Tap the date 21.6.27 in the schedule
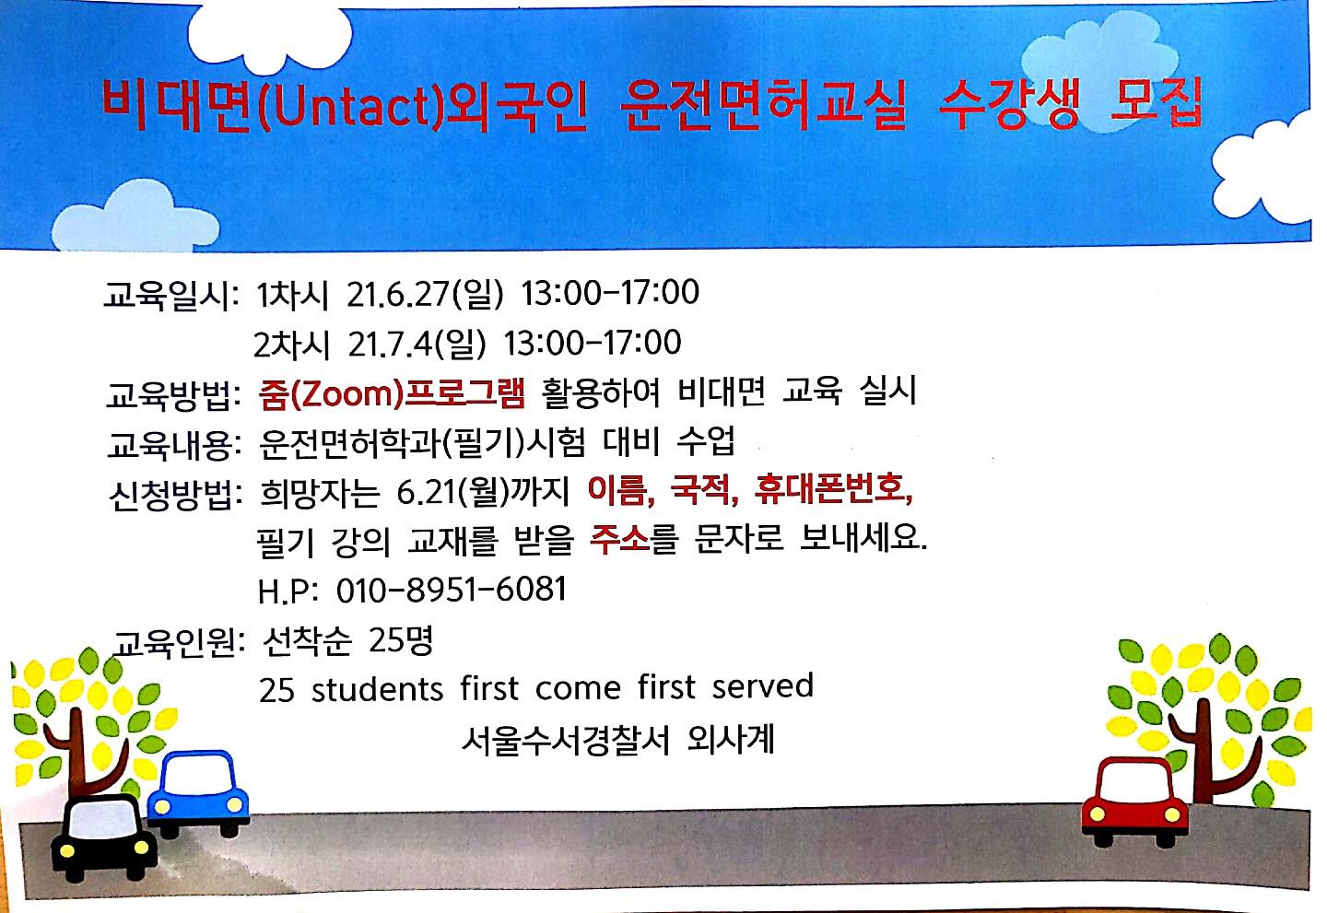398,294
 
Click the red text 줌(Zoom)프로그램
392,393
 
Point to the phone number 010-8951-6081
452,590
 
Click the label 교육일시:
171,294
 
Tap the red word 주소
619,539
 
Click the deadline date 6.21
429,492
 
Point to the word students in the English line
378,689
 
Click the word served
762,685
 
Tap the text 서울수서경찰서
565,740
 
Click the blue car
198,793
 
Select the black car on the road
104,838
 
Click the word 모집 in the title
1157,102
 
